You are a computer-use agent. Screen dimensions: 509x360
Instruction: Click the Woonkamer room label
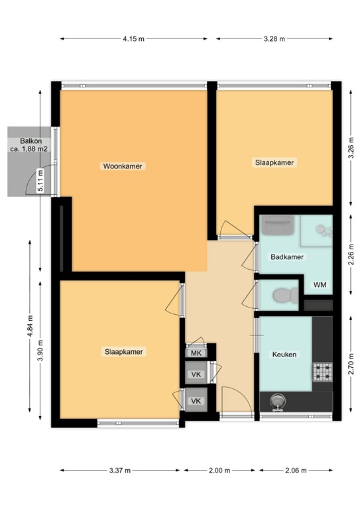coord(123,166)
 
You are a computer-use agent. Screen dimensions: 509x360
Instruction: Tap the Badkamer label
coord(287,256)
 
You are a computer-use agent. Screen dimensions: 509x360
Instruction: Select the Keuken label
coord(284,355)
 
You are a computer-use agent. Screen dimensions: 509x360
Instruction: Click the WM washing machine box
coord(320,285)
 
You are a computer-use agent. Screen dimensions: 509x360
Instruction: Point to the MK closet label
coord(196,353)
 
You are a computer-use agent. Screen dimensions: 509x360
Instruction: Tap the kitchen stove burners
coord(322,372)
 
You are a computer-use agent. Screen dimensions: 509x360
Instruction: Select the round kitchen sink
coord(276,400)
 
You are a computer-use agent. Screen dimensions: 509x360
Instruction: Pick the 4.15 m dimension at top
coord(133,39)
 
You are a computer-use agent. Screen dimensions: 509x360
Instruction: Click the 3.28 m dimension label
coord(274,39)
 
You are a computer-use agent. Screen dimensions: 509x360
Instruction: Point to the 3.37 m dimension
coord(121,471)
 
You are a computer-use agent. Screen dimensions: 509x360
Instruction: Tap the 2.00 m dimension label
coord(219,471)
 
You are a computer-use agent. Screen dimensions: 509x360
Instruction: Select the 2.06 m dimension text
coord(295,471)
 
